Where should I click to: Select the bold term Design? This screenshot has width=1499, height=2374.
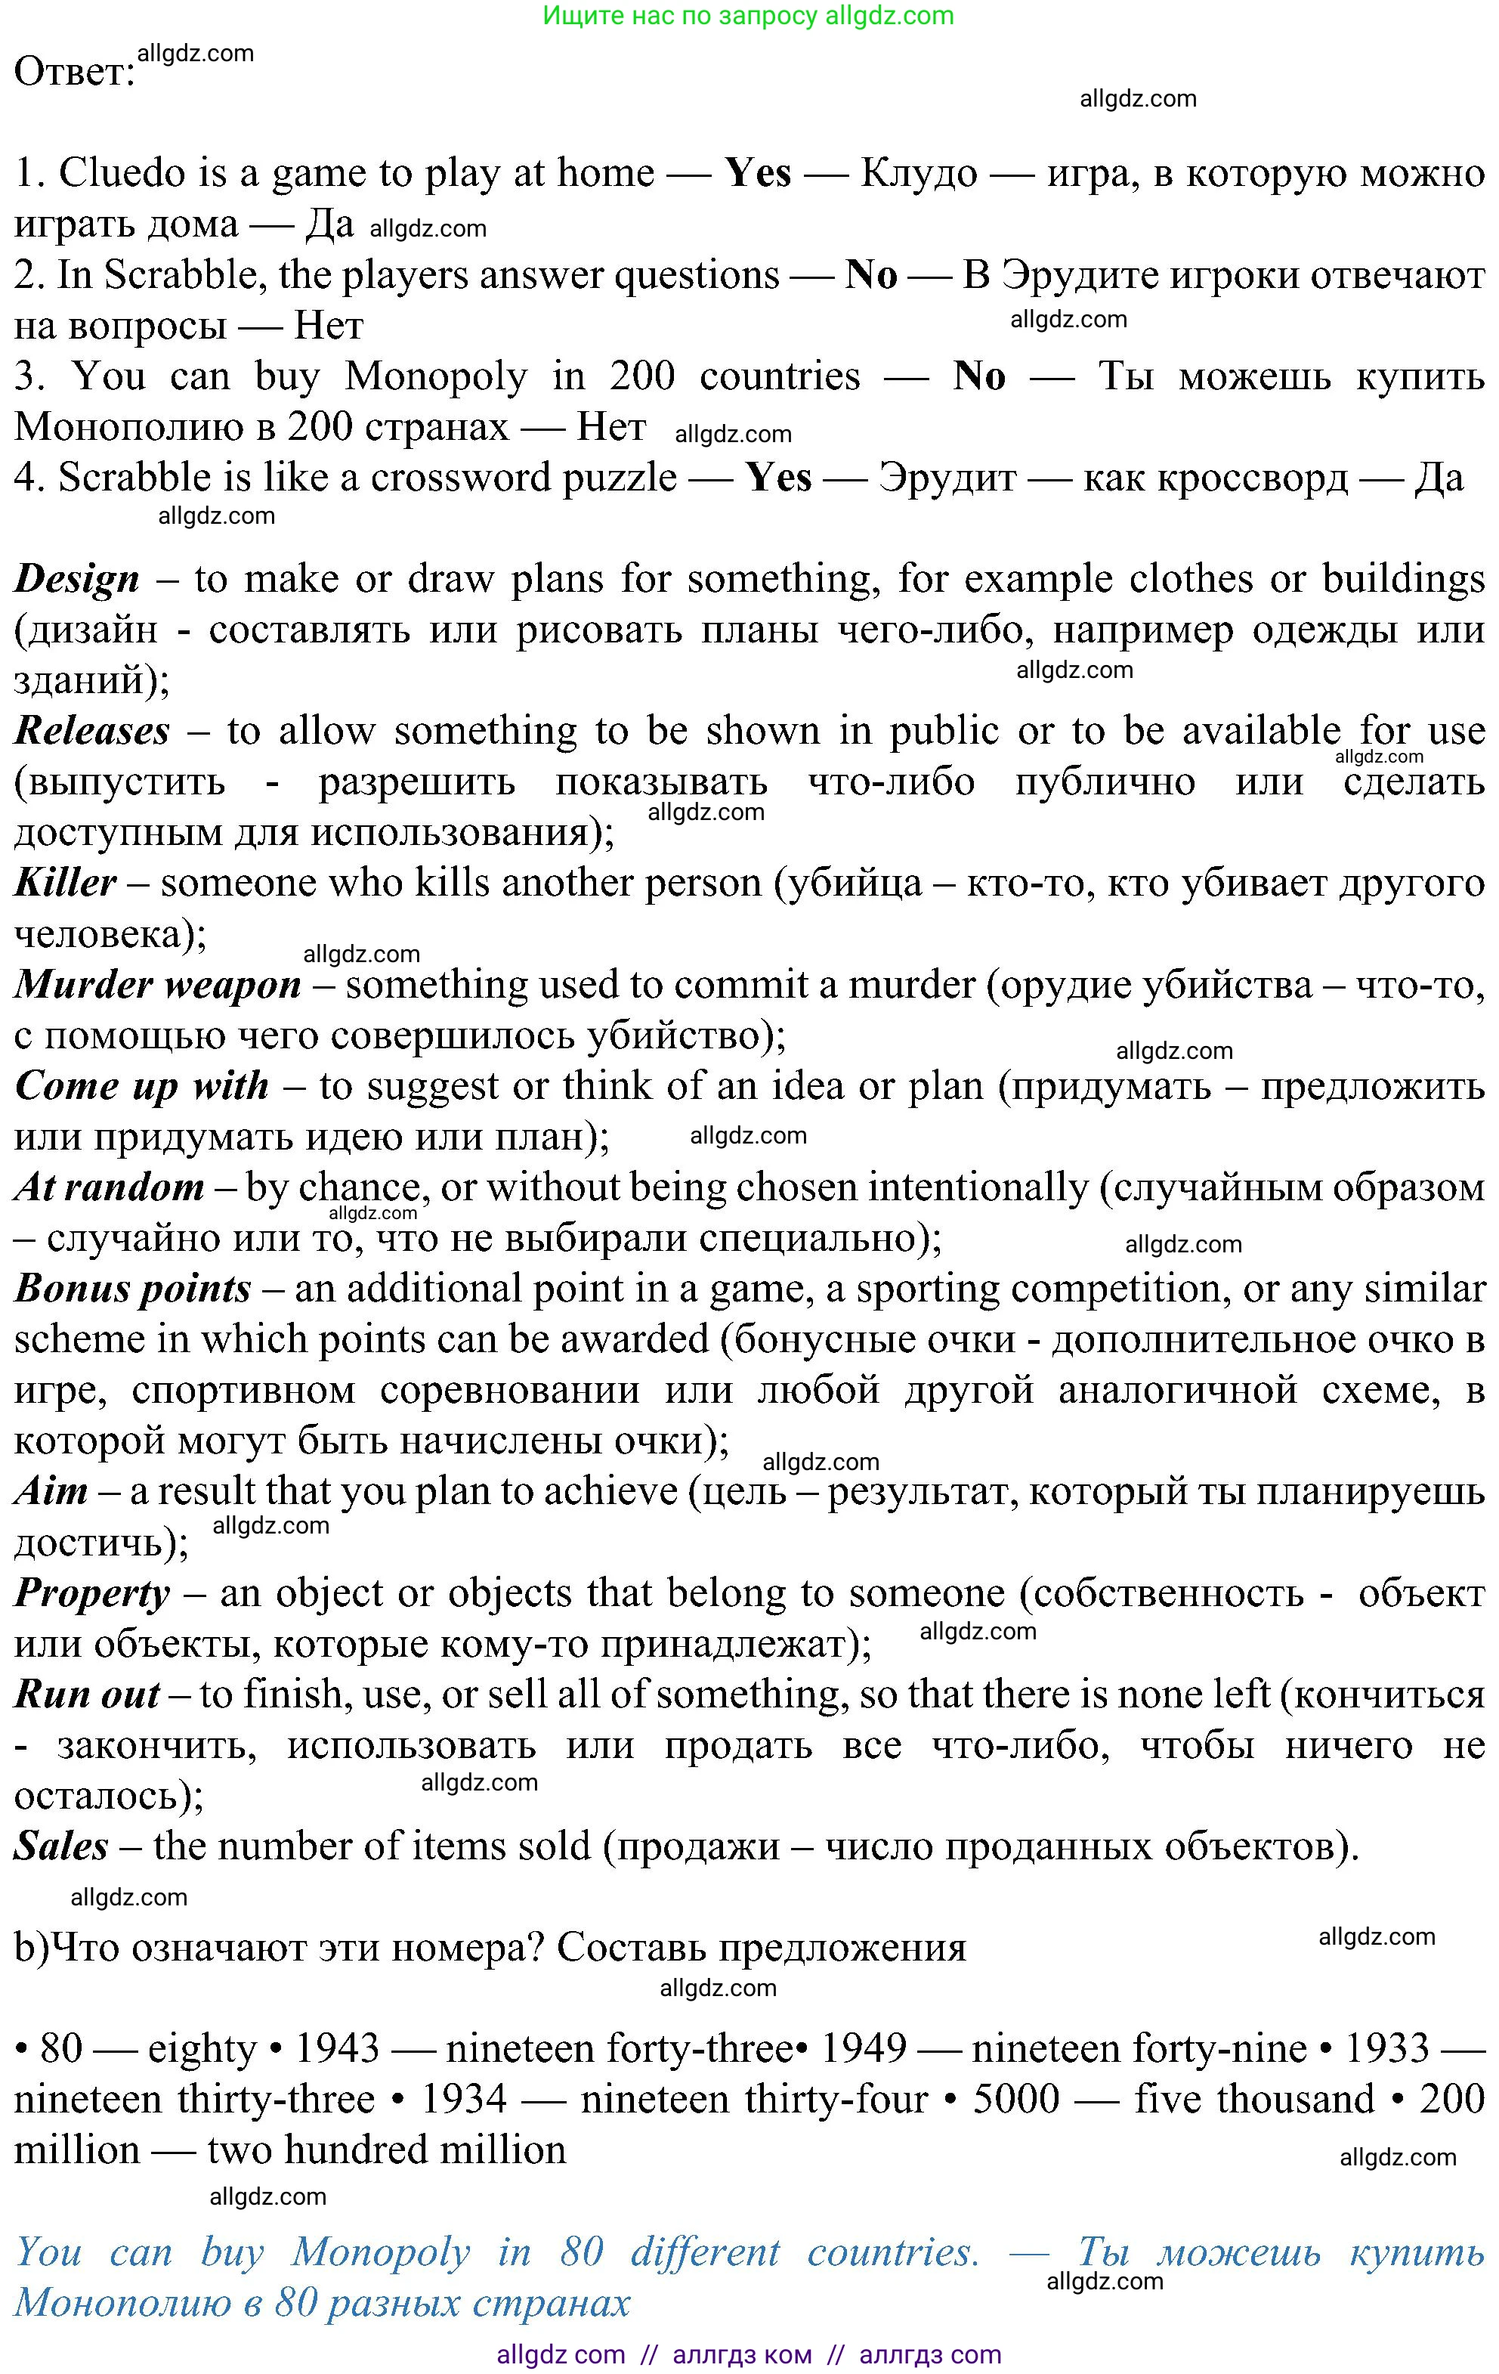(77, 579)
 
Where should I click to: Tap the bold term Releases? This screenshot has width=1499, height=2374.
(91, 731)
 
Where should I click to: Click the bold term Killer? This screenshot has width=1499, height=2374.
(65, 882)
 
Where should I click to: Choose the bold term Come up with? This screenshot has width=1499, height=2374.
(142, 1085)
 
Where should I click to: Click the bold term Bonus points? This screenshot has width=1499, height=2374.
(133, 1289)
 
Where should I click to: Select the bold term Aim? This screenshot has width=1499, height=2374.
(51, 1490)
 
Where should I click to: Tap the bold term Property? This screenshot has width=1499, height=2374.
(91, 1593)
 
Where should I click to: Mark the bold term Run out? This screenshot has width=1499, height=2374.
(87, 1694)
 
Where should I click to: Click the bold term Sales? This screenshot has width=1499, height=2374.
(61, 1846)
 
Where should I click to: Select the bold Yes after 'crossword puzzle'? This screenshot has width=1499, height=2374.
(778, 478)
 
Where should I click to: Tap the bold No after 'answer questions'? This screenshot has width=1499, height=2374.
(871, 275)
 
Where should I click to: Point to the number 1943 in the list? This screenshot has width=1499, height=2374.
(337, 2049)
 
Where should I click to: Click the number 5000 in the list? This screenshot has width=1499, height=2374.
(1016, 2099)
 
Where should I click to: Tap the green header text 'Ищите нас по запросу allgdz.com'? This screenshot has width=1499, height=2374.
(749, 15)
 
